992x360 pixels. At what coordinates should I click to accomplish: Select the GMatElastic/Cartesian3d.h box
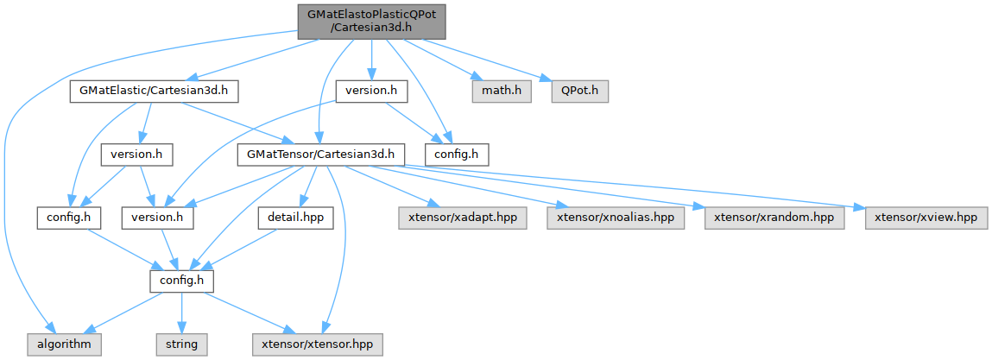click(154, 90)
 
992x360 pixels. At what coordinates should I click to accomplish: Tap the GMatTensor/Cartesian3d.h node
click(320, 155)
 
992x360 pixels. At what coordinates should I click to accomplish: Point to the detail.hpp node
click(295, 218)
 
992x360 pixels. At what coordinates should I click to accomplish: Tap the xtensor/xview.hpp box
click(925, 218)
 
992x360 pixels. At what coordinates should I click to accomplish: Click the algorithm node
click(63, 344)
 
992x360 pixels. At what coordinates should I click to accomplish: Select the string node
click(181, 344)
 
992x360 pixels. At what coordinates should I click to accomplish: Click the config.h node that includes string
click(181, 281)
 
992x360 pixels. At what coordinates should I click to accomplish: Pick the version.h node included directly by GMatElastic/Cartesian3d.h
click(137, 155)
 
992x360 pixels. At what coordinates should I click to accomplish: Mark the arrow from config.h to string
click(181, 312)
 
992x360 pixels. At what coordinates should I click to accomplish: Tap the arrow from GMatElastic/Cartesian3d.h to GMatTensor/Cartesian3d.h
click(233, 122)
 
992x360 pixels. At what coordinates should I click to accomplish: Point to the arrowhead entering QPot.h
click(546, 83)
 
